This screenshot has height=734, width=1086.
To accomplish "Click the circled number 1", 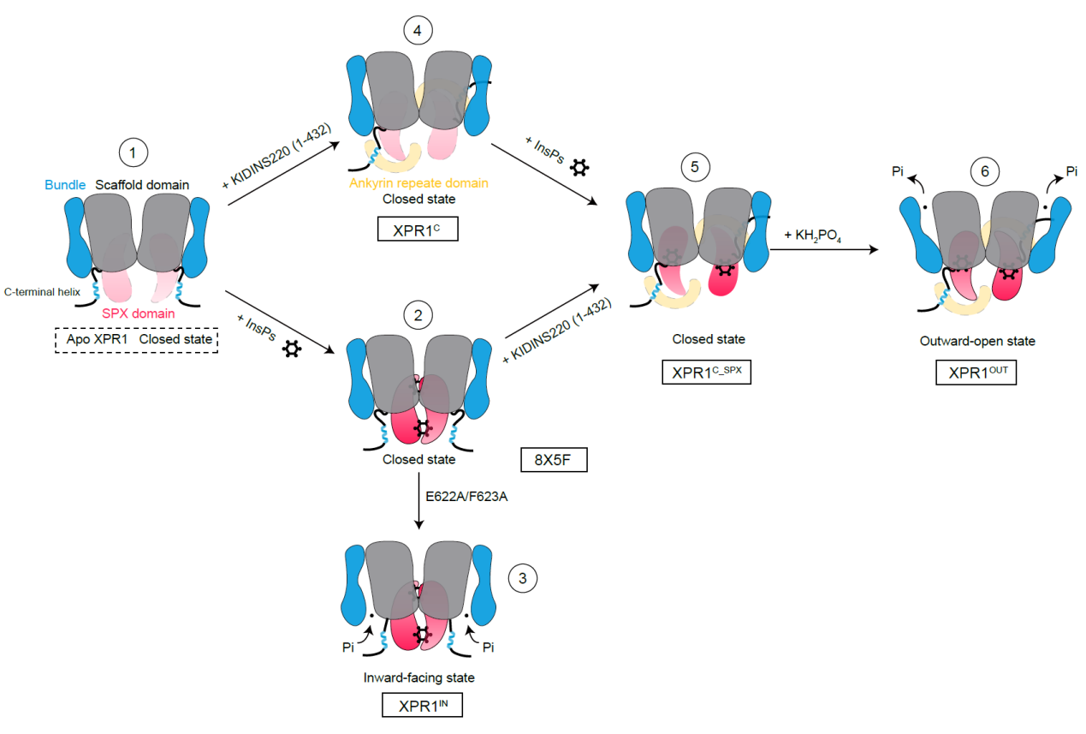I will (132, 154).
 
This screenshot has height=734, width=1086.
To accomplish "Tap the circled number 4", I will (418, 31).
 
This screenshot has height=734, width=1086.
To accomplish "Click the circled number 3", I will (522, 579).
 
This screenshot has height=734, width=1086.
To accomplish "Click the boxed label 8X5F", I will (553, 460).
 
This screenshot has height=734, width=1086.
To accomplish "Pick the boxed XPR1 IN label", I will (422, 706).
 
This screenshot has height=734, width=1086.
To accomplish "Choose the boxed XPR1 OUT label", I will (976, 373).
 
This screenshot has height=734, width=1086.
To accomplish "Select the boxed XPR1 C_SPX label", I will (706, 373).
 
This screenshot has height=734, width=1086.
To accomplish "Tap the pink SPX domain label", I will (139, 313).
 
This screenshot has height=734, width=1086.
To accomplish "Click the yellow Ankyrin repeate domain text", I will (418, 183).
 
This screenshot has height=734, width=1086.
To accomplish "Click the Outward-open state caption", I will (976, 341).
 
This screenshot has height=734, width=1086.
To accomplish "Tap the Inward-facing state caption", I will (418, 677).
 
